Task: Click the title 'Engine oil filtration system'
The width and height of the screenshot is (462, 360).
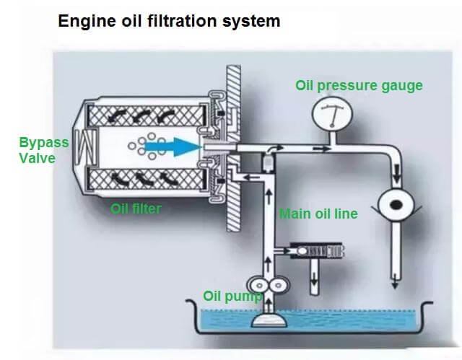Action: point(168,21)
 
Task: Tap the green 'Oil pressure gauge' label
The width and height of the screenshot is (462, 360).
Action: point(359,85)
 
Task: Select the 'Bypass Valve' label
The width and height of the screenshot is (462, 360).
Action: point(43,149)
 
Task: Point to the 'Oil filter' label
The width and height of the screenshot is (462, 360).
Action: point(136,209)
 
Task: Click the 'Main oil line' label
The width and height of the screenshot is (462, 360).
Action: point(318,214)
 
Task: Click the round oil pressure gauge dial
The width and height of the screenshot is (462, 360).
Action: point(330,113)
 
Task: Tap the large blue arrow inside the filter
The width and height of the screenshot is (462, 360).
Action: point(172,146)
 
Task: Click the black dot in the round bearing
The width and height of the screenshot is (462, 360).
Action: point(395,206)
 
